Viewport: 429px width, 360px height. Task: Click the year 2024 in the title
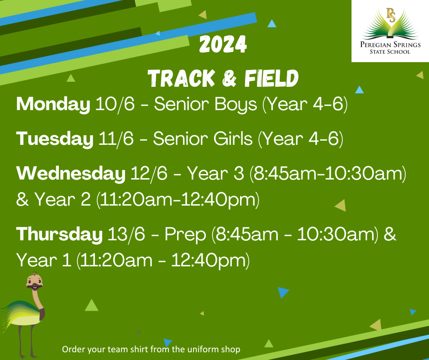point(223,45)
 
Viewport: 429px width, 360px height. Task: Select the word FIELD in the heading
point(271,79)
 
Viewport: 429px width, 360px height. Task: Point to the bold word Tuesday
point(54,138)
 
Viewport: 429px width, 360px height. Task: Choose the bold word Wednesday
point(71,174)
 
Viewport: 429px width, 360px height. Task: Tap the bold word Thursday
point(59,235)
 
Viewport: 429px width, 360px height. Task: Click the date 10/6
point(115,105)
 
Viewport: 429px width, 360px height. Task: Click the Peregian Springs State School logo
point(390,31)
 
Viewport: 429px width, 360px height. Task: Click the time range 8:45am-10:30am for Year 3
point(328,174)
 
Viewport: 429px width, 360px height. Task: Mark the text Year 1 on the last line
point(44,260)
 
